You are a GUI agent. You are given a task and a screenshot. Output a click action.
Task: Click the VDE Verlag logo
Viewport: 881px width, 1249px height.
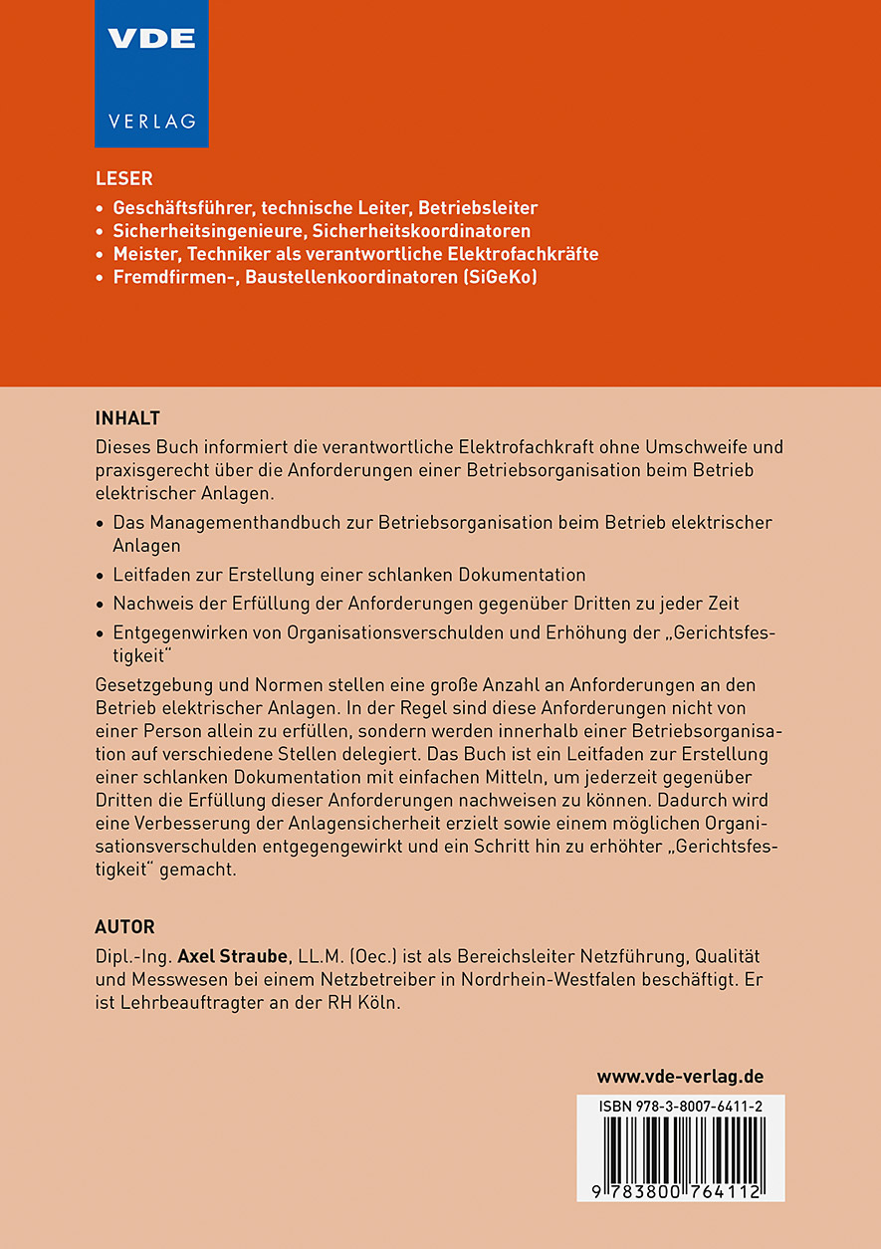[x=151, y=73]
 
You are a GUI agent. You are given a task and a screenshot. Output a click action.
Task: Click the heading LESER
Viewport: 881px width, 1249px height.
[x=123, y=179]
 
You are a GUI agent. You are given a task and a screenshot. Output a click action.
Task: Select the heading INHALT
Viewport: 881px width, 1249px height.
[x=127, y=416]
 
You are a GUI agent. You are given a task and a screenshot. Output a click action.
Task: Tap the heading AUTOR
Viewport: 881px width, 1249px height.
[x=124, y=926]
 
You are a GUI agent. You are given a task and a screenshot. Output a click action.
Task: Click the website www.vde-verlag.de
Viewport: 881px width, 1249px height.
[x=680, y=1076]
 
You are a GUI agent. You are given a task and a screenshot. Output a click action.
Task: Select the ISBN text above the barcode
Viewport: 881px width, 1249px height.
[x=681, y=1107]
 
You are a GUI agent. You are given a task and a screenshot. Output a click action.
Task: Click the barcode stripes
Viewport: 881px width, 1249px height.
[x=681, y=1148]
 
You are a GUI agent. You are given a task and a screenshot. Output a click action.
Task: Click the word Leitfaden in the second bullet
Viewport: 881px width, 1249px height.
[x=149, y=575]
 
